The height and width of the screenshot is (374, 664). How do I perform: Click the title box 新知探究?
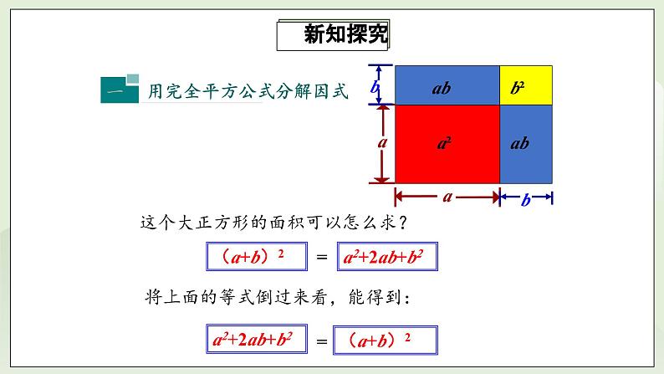333,37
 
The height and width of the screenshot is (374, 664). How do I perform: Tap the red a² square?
447,143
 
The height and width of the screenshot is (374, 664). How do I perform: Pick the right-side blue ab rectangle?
527,143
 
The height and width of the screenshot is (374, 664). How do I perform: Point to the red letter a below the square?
447,197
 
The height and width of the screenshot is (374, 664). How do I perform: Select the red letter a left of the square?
382,143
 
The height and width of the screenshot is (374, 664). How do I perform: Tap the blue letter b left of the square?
376,86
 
